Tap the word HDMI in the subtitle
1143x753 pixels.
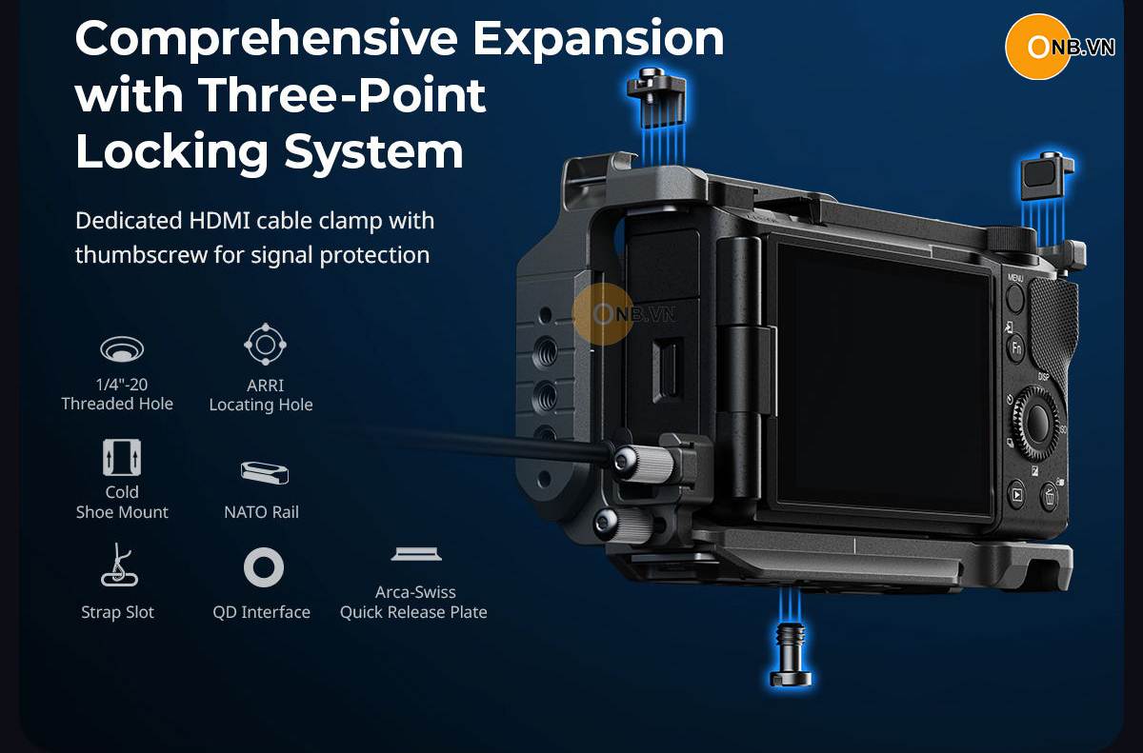coord(219,221)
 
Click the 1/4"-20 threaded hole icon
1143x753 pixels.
coord(122,348)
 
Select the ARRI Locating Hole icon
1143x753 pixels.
coord(265,344)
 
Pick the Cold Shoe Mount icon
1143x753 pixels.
coord(122,457)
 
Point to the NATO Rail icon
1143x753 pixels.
coord(265,472)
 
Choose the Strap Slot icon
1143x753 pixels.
coord(119,565)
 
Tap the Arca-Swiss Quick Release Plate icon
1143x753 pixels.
coord(416,554)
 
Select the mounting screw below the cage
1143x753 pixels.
coord(790,656)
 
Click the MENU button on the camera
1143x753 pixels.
coord(1015,298)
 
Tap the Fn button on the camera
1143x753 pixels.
coord(1016,348)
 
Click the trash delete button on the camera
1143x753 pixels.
coord(1049,495)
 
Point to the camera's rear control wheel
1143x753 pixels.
coord(1037,423)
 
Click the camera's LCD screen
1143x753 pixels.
coord(883,377)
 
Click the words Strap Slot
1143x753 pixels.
coord(117,612)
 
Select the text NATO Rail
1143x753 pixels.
coord(261,512)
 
